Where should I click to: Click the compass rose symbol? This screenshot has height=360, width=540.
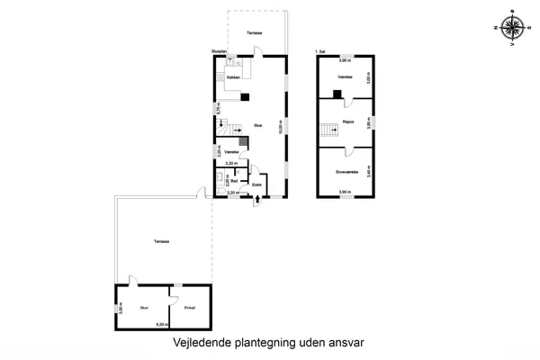click(513, 27)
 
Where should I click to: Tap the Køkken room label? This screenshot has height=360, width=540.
click(231, 78)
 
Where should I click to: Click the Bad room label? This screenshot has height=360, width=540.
click(233, 181)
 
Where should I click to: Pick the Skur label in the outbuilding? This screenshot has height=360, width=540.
click(143, 307)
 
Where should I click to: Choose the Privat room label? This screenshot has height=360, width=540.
click(190, 307)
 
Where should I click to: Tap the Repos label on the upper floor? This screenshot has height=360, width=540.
click(346, 120)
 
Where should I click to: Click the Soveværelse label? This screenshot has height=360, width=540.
click(346, 170)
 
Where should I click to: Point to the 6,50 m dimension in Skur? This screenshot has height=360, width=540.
click(162, 324)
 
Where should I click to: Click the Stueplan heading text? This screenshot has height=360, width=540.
click(219, 51)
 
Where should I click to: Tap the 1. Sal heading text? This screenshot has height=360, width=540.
click(321, 51)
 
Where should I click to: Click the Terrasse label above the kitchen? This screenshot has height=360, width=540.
click(255, 32)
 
